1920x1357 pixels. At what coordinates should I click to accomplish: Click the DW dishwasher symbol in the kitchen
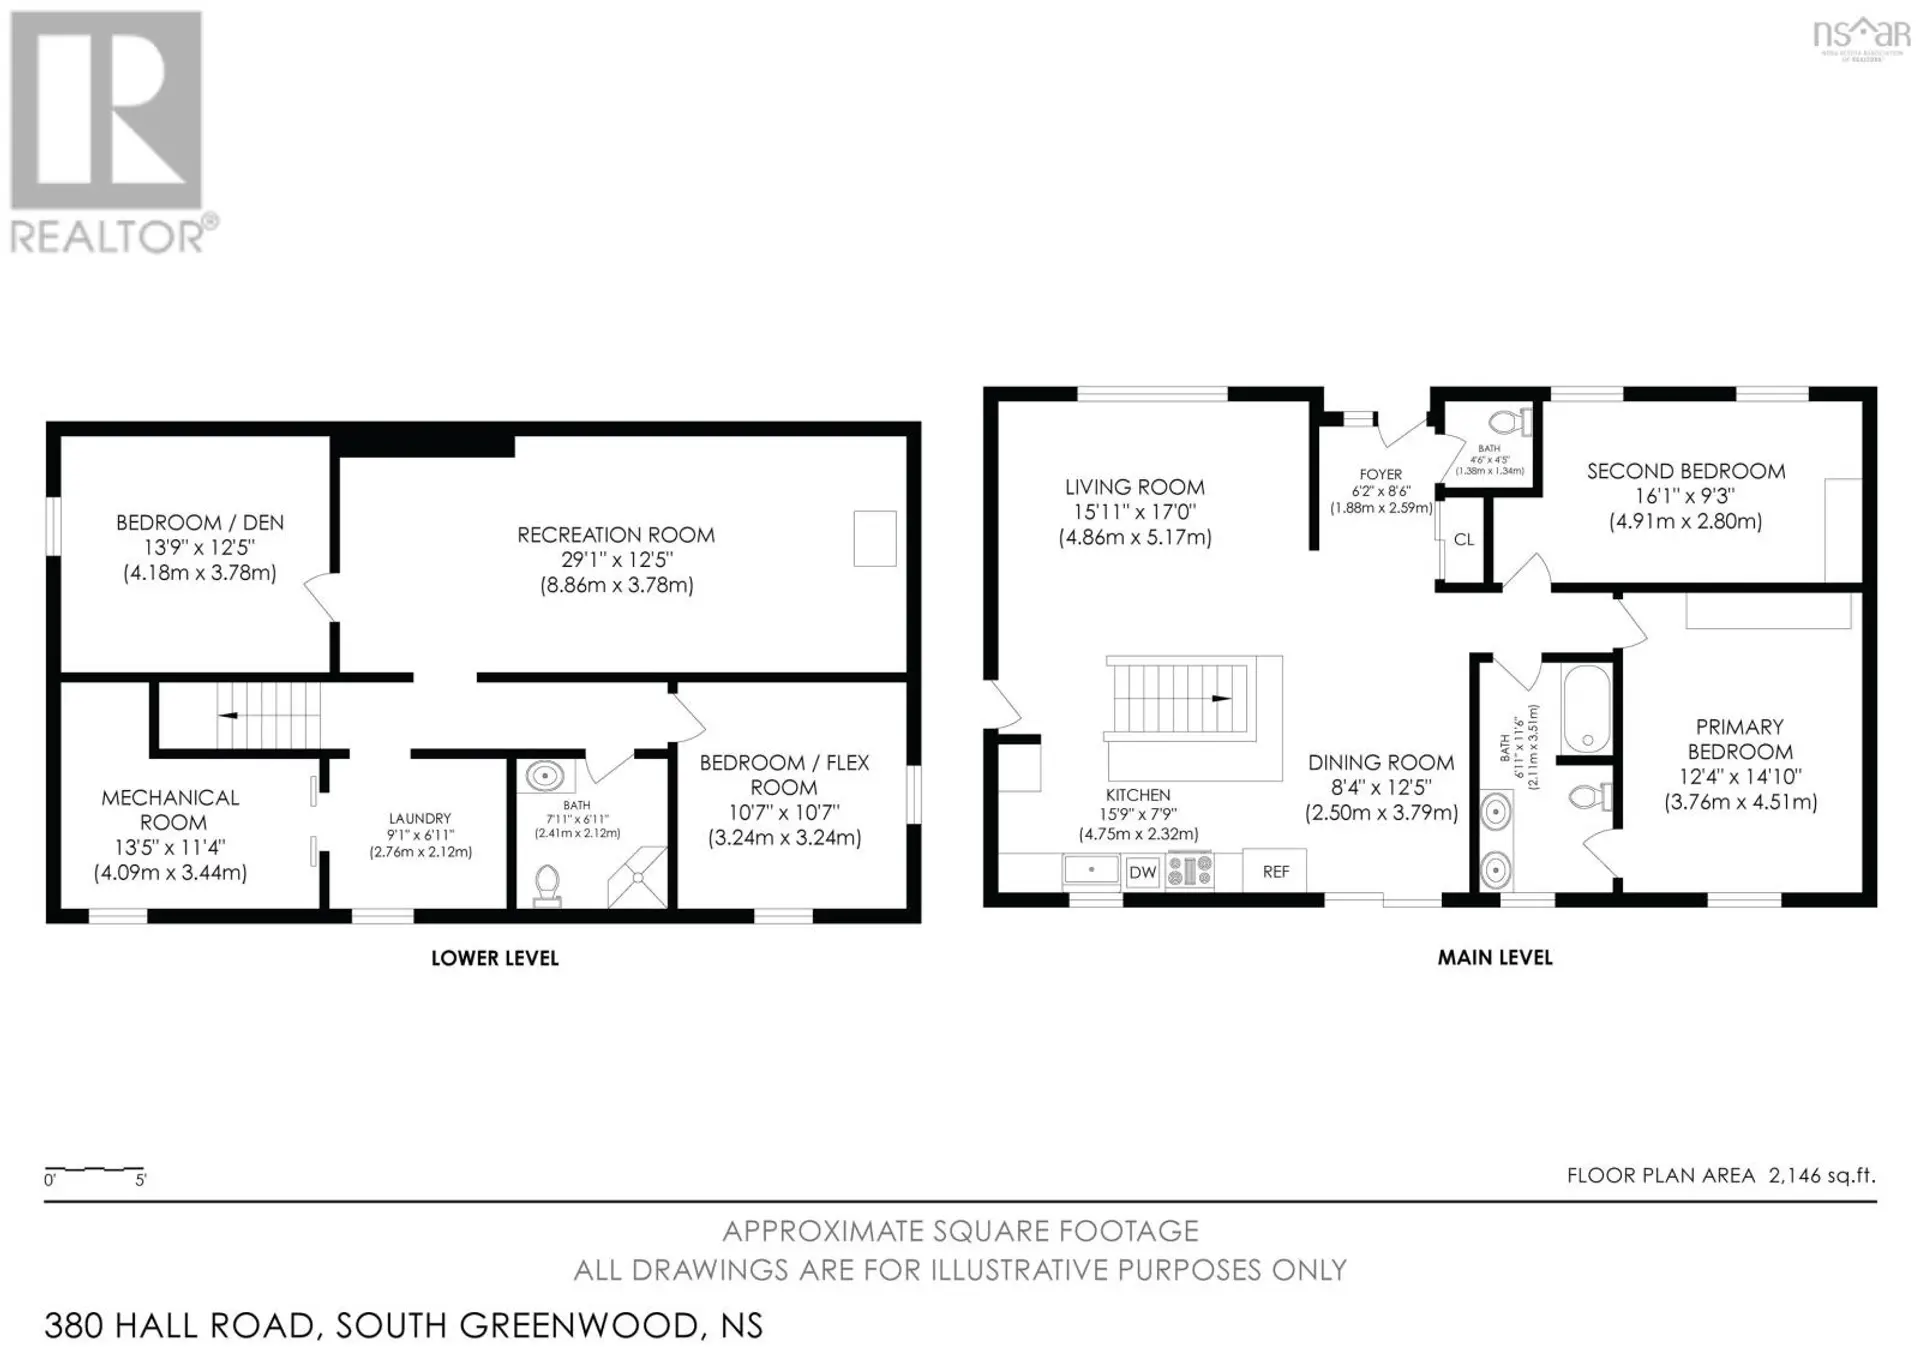[1142, 872]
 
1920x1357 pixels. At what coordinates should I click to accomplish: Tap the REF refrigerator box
[1275, 872]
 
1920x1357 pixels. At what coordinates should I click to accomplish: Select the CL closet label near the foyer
[1463, 540]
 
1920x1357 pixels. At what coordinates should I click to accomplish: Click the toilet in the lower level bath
[547, 884]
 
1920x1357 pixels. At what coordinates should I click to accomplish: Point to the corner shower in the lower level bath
[638, 877]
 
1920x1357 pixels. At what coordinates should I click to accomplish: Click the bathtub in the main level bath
[1586, 708]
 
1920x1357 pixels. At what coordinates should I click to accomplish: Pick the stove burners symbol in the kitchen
[1189, 870]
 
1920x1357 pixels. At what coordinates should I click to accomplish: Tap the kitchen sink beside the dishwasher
[1090, 870]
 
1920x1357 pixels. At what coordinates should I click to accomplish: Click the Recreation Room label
[616, 535]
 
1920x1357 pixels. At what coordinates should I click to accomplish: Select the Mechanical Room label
[171, 810]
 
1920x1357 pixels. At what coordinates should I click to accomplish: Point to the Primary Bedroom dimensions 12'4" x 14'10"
[1740, 777]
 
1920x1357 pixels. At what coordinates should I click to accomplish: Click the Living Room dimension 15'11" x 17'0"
[1134, 512]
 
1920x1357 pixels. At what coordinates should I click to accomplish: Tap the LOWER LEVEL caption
[495, 958]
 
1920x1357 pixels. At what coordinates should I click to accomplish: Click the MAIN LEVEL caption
[1495, 958]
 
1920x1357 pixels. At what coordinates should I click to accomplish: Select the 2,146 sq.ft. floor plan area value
[1822, 1176]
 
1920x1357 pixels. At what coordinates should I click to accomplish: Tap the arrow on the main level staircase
[1221, 698]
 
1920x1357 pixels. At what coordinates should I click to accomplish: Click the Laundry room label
[420, 818]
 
